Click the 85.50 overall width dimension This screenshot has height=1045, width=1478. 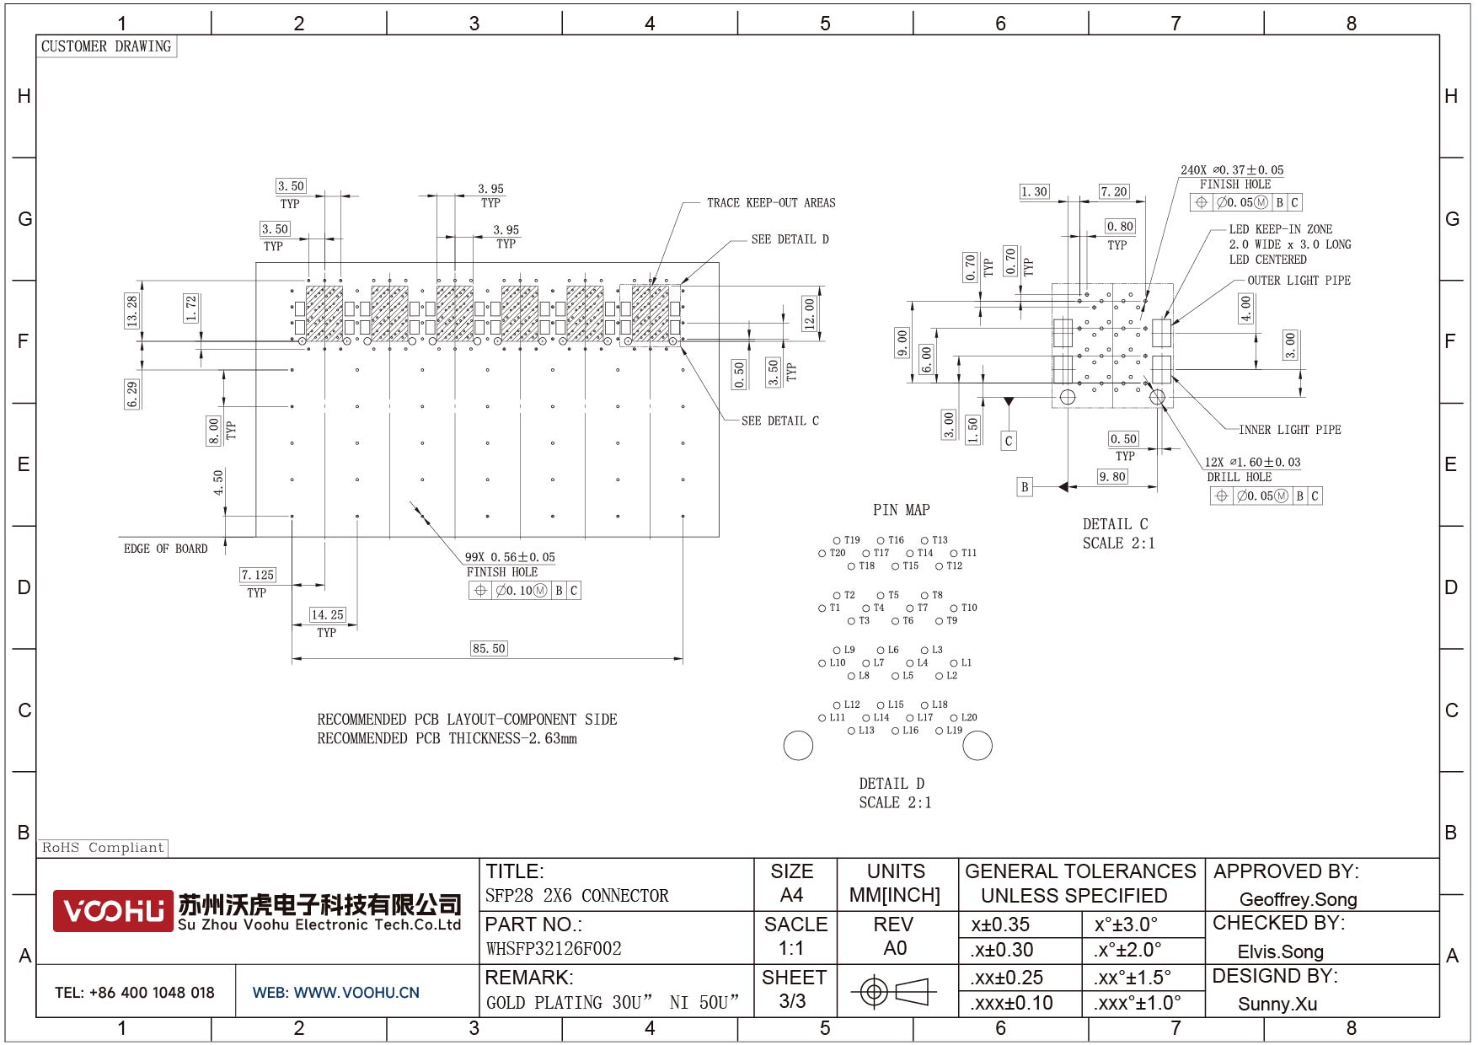point(489,648)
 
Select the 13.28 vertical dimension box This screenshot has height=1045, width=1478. point(131,311)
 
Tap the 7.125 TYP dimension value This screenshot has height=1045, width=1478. point(257,575)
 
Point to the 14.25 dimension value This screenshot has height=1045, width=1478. point(327,614)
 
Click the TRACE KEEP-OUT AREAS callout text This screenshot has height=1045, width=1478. point(770,203)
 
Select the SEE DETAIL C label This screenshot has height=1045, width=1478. point(779,421)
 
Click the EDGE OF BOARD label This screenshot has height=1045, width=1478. point(165,549)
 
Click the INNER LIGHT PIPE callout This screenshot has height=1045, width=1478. point(1289,430)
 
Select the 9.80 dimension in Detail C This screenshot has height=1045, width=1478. point(1111,476)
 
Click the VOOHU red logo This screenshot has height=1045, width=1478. point(113,911)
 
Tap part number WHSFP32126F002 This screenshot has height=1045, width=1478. point(554,949)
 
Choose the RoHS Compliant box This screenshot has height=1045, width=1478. point(103,848)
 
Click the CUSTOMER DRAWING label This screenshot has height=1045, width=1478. point(106,46)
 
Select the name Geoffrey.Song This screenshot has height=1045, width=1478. point(1298,899)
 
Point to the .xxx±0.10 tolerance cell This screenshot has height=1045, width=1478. point(1011,1003)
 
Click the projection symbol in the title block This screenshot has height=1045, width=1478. point(894,991)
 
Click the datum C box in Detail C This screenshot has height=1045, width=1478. point(1008,441)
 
